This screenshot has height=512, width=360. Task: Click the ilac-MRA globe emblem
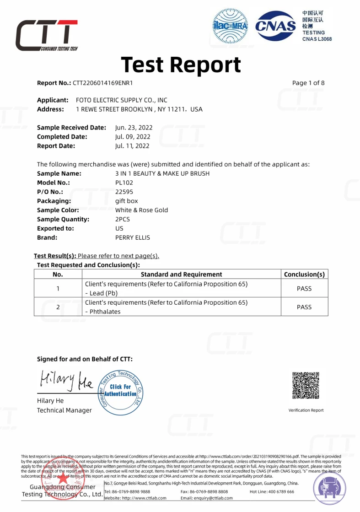pos(231,26)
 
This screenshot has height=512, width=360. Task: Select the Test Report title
pos(181,65)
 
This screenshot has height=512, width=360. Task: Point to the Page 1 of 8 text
pos(308,83)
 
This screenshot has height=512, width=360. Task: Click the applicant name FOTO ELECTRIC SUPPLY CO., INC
pos(122,100)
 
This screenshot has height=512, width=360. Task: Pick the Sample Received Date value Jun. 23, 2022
pos(134,128)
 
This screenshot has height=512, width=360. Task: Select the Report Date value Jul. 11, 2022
pos(132,146)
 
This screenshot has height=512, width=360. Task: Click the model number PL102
pos(124,183)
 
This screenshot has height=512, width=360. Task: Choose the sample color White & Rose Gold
pos(141,210)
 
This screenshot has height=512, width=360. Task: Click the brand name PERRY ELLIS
pos(133,237)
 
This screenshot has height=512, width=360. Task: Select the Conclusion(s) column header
pos(304,275)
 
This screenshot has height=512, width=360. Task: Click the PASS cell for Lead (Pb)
pos(304,289)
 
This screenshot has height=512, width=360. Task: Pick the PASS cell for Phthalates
pos(304,307)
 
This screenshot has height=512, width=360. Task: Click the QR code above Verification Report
pos(306,385)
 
